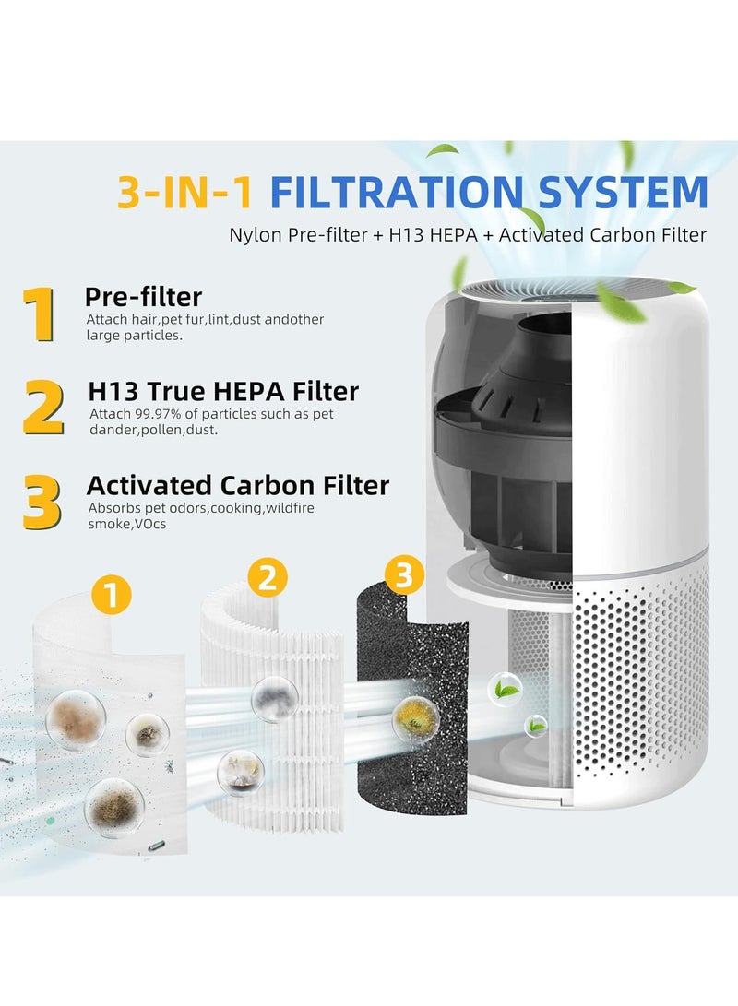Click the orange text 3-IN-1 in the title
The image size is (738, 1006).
coord(185,191)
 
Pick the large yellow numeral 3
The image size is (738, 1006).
coord(42,503)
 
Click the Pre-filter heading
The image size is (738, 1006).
coord(143,296)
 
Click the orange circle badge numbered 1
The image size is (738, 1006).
coord(111,597)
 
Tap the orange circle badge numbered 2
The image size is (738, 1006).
coord(267,578)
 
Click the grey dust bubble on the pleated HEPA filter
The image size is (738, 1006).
coord(272,692)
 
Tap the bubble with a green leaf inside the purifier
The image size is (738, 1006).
coord(505,689)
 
